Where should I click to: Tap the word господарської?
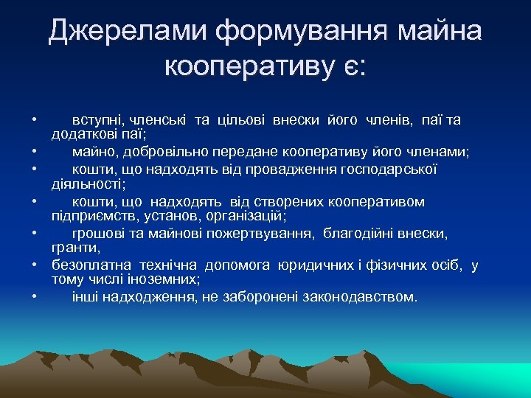pyautogui.click(x=388, y=170)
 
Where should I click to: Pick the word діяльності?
pyautogui.click(x=87, y=184)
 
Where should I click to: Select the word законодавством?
pyautogui.click(x=358, y=297)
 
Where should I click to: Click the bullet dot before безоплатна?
pyautogui.click(x=35, y=264)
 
